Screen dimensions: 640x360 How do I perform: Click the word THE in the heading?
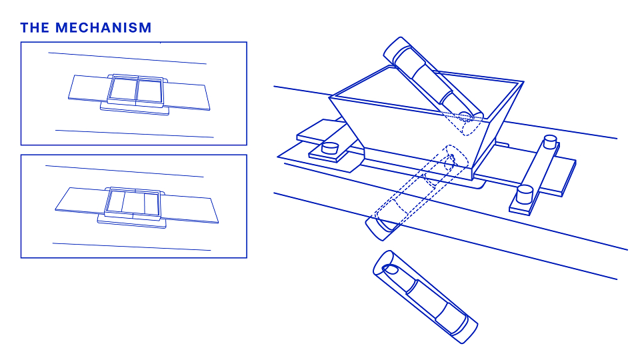[35, 28]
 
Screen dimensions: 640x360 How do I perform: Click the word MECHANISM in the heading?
[103, 28]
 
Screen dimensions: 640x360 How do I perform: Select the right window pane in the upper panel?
[149, 91]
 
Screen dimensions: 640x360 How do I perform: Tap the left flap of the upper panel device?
[89, 88]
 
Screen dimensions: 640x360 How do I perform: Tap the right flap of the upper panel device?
[188, 96]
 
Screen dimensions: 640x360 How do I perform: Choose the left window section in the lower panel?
[115, 201]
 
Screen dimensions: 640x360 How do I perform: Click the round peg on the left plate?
[330, 147]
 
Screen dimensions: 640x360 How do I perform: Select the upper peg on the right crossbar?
[550, 141]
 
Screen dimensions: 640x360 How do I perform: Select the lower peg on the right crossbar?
[525, 193]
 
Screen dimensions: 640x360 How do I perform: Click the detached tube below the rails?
[425, 297]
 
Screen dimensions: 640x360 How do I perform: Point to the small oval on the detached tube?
[390, 269]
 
